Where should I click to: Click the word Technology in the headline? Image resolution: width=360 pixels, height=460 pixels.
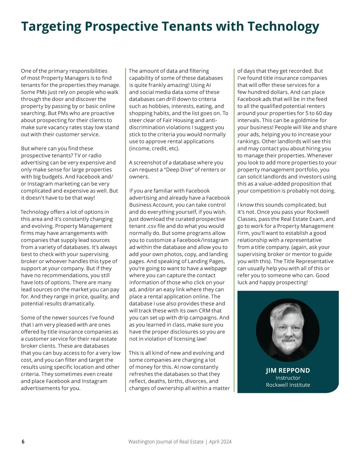point(283,26)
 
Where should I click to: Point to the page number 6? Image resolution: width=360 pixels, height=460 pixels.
point(23,441)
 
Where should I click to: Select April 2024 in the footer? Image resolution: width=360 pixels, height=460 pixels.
point(220,441)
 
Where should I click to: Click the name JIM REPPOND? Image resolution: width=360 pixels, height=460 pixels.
point(288,370)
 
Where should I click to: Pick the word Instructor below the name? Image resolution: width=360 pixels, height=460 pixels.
point(288,378)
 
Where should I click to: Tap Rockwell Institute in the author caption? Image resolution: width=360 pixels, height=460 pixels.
point(288,385)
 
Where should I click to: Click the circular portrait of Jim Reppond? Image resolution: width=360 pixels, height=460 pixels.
point(288,330)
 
